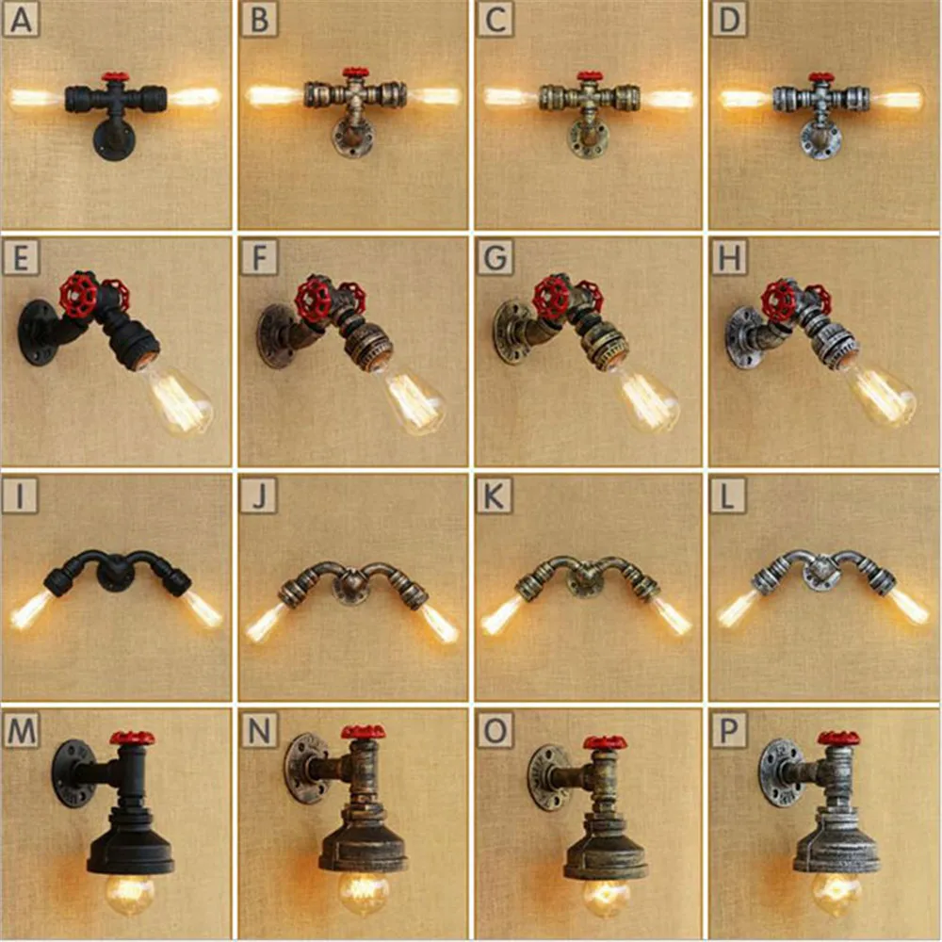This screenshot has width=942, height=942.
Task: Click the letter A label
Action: coord(21,20)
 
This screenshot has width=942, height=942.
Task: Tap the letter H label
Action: coord(728,256)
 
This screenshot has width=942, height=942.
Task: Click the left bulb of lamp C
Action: coord(509,97)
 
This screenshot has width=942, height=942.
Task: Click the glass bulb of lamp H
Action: coord(881,394)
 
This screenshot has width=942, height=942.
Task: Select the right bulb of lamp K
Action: coord(670,614)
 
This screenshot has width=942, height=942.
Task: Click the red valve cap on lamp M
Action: coord(132,738)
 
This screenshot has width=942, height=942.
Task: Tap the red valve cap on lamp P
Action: coord(837,738)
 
